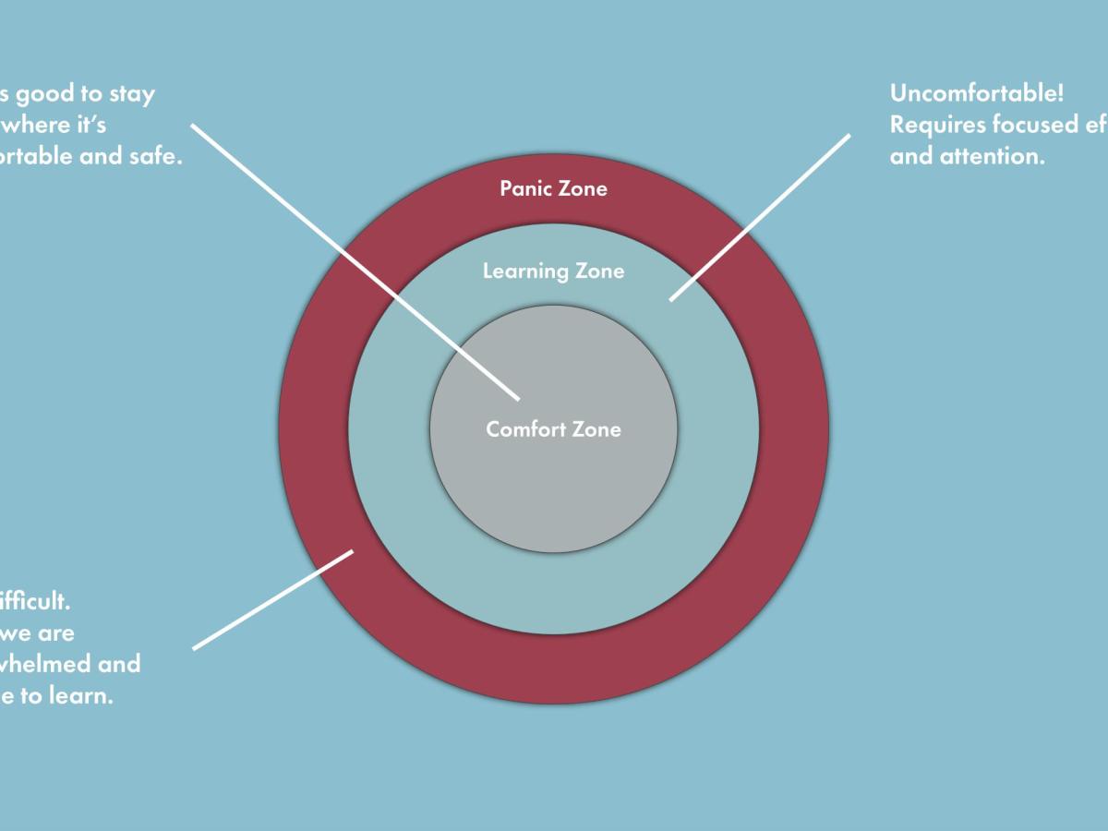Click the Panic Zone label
(553, 188)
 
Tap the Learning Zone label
(553, 271)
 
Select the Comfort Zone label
(553, 429)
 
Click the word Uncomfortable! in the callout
(977, 93)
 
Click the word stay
(131, 93)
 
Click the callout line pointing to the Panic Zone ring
(273, 599)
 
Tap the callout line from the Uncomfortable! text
(759, 218)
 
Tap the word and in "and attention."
(911, 156)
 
